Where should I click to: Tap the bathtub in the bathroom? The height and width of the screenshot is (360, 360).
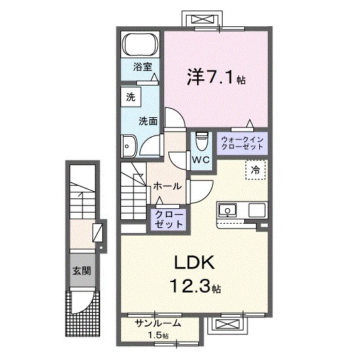click(140, 46)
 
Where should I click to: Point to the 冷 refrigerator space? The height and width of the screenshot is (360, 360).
click(256, 170)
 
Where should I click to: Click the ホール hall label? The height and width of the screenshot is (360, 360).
click(167, 187)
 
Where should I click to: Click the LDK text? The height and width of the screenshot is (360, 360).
click(194, 263)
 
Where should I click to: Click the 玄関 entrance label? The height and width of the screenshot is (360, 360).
click(81, 270)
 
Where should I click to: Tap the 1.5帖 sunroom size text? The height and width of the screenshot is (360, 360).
click(157, 336)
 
